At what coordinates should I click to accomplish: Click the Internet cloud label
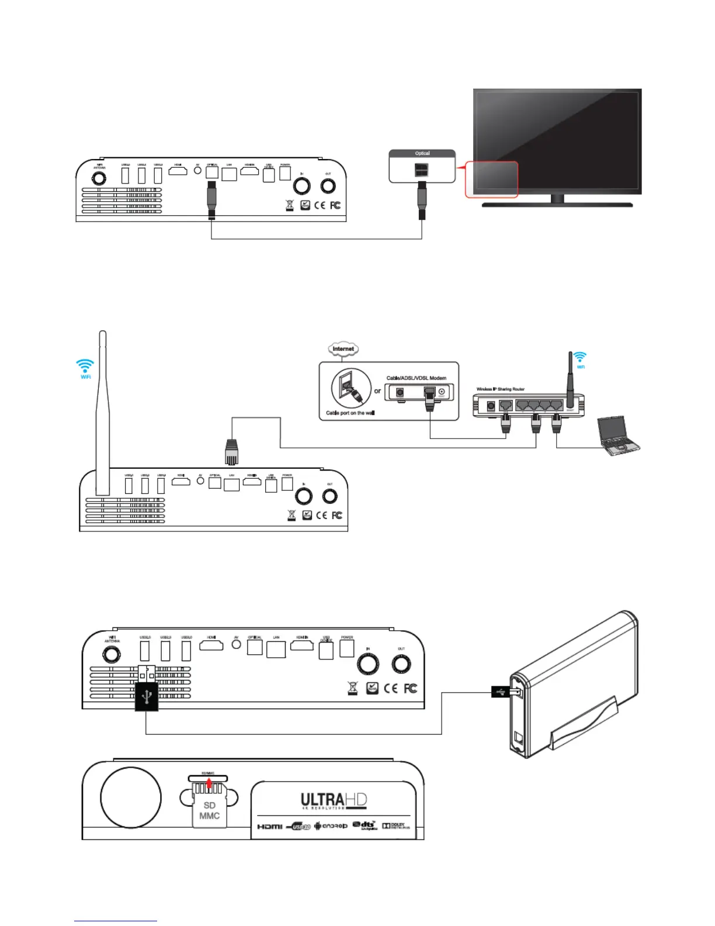point(343,349)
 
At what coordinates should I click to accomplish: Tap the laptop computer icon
point(618,436)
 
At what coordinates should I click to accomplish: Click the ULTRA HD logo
point(334,801)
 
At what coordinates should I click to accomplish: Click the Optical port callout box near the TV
point(422,167)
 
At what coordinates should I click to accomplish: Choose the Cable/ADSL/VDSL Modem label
point(416,378)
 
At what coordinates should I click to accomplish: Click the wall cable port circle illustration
point(351,388)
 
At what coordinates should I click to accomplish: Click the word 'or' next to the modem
point(377,391)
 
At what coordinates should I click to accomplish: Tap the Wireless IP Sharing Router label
point(500,389)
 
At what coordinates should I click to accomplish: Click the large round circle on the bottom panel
point(131,798)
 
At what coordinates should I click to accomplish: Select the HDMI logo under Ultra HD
point(270,827)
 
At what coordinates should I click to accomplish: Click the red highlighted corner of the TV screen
point(491,179)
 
